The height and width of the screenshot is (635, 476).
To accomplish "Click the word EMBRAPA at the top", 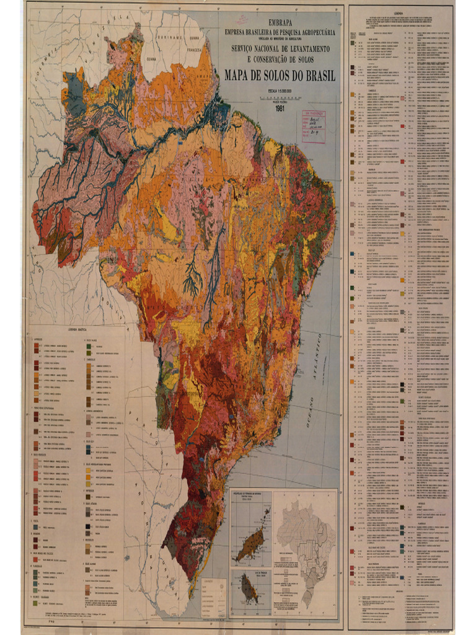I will [x=280, y=20].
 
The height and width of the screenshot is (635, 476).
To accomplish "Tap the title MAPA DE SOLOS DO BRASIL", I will [x=280, y=76].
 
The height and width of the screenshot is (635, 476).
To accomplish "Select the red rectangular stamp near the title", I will [x=313, y=127].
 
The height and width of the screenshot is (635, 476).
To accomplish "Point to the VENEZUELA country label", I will [x=108, y=28].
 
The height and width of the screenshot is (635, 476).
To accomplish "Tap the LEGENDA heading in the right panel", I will [x=401, y=11].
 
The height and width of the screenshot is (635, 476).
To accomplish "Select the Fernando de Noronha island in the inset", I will [x=251, y=540].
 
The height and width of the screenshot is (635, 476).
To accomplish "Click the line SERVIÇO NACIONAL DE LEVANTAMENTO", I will [x=281, y=48].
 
